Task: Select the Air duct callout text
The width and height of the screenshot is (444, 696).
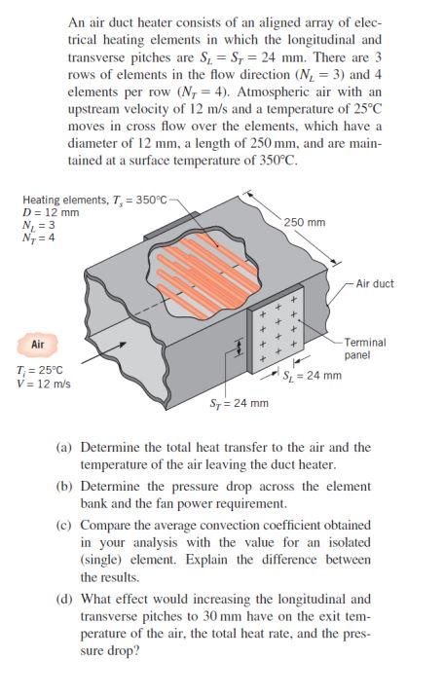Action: [374, 283]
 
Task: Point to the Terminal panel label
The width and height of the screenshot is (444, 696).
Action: [365, 348]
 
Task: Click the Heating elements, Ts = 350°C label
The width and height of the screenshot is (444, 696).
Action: [88, 201]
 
